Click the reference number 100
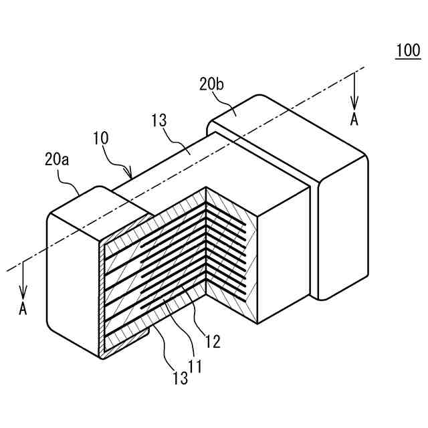(407, 49)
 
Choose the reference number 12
(213, 342)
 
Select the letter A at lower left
(23, 309)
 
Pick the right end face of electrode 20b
(344, 227)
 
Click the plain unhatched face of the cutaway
(281, 261)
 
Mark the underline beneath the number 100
(407, 59)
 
